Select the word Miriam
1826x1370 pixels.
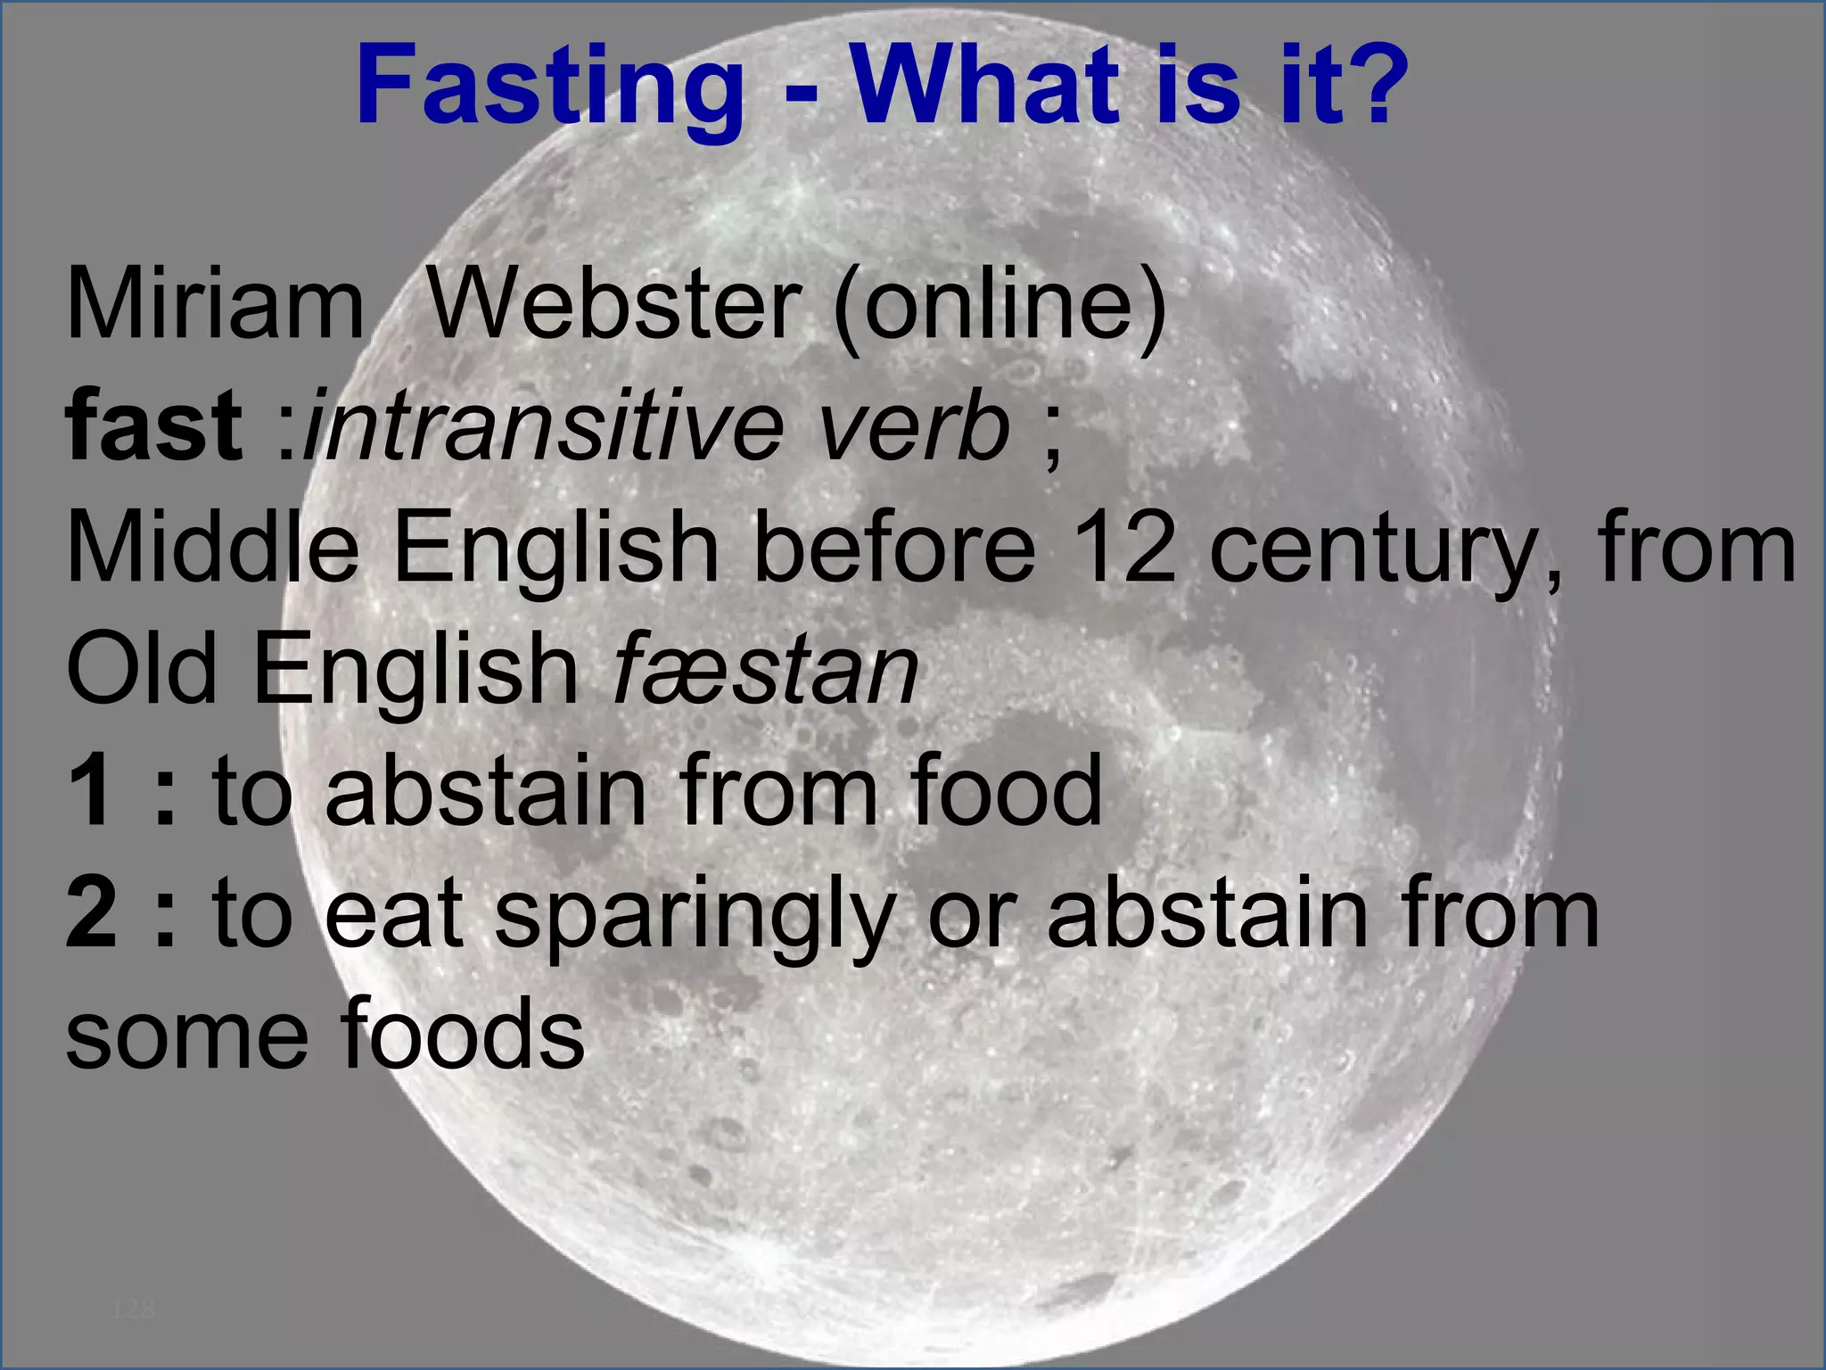215,305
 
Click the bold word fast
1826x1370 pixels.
153,426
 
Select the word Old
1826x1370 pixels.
142,669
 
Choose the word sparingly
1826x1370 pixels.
695,919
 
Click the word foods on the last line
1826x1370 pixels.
463,1035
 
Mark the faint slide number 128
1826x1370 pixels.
134,1309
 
